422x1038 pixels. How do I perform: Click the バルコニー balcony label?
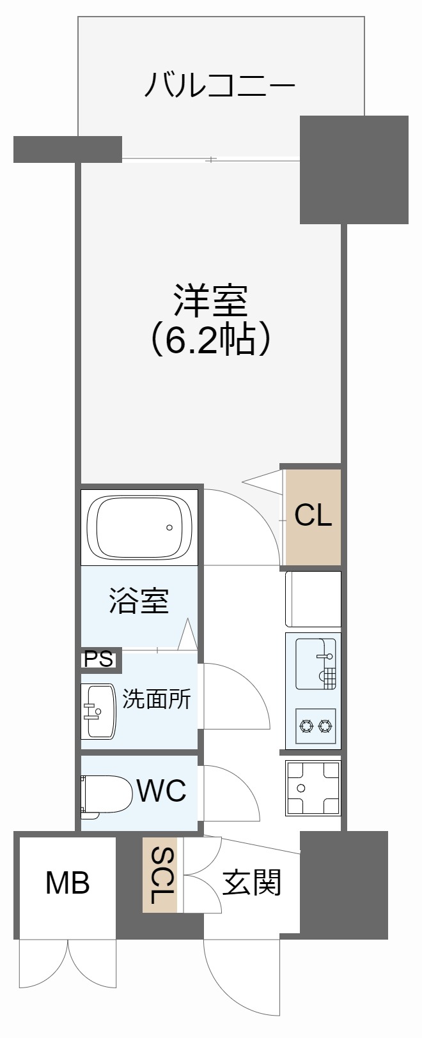tap(219, 85)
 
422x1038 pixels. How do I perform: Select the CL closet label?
tap(313, 515)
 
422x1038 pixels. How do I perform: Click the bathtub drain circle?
tap(169, 528)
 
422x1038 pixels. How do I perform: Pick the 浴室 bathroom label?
tap(139, 600)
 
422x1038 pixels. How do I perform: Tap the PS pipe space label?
tap(100, 659)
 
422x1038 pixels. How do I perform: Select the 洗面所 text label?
tap(157, 699)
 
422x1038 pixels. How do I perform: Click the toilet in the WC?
tap(105, 794)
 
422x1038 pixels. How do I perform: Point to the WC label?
tap(161, 791)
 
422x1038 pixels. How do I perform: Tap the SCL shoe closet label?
tap(160, 874)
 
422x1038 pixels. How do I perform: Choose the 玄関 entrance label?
tap(252, 883)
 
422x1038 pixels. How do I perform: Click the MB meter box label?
tap(67, 883)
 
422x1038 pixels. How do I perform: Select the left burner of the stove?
tap(305, 725)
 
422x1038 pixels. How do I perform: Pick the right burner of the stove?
tap(325, 725)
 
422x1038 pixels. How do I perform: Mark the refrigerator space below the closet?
tap(313, 599)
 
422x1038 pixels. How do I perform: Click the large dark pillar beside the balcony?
tap(354, 170)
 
